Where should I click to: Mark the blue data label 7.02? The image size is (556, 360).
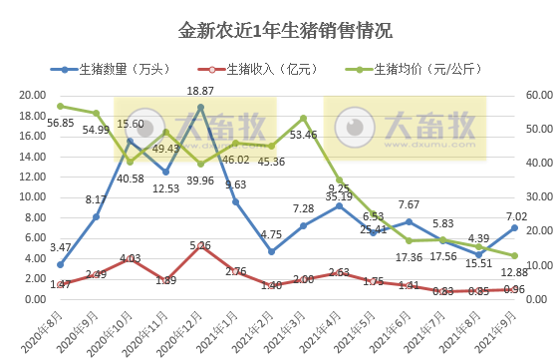[x=514, y=214]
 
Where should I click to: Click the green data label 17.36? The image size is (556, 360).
[x=409, y=256]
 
